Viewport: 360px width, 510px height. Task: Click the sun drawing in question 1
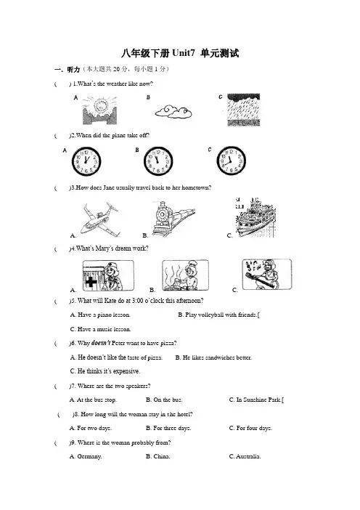[99, 110]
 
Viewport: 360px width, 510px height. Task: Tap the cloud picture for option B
[173, 112]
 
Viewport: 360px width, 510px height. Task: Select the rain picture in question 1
[243, 110]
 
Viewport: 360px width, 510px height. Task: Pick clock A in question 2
[86, 161]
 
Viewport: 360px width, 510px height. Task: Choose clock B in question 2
[158, 161]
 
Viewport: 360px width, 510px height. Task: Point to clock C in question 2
[232, 161]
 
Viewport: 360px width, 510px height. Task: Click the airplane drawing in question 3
[99, 219]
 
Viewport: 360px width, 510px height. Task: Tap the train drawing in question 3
[173, 217]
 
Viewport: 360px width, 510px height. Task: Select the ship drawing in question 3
[255, 217]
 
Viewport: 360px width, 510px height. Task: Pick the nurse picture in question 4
[108, 275]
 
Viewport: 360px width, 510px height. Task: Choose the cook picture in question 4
[186, 275]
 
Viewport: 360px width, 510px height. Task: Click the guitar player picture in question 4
[267, 274]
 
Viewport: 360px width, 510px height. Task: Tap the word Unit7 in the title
[183, 53]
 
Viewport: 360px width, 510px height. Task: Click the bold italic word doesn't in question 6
[101, 343]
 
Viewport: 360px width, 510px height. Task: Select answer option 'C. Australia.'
[245, 456]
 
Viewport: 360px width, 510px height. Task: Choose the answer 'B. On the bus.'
[164, 400]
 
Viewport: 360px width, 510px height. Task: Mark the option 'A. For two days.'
[91, 428]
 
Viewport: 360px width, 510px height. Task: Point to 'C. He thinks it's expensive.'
[105, 371]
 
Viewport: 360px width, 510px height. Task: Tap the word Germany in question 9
[89, 457]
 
